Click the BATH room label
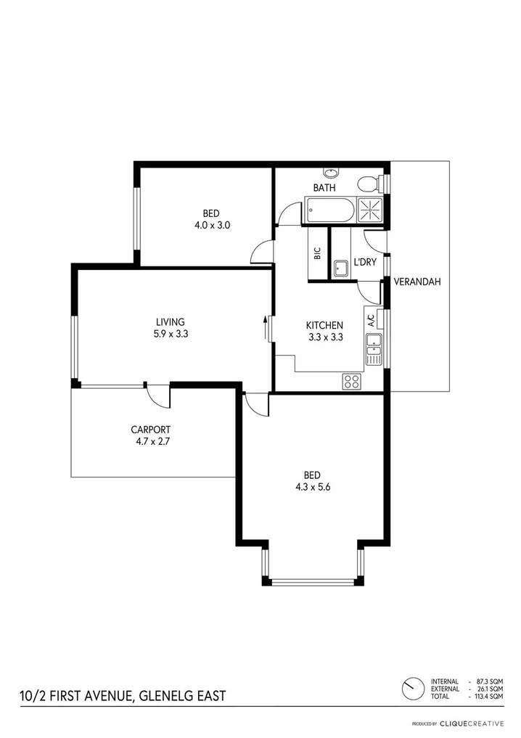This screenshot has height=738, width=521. pos(324,188)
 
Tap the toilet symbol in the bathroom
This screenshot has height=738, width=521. pos(369,182)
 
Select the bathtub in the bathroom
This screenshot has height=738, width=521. pos(331,212)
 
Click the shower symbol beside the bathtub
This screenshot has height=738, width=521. pos(371,211)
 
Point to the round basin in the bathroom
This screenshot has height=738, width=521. pos(331,173)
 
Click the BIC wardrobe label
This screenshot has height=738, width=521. pos(317,254)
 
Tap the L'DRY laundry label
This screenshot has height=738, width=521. pos(364,262)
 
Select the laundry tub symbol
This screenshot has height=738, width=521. pos(341,269)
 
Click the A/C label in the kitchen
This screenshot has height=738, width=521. pos(370,319)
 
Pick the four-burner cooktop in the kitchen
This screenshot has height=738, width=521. pos(352,380)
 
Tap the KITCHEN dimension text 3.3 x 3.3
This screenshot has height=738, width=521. pos(324,337)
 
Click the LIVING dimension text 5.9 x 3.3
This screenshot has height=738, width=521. pos(171,334)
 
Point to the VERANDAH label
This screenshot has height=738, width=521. pos(418,282)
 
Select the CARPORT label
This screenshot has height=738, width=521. pos(150,429)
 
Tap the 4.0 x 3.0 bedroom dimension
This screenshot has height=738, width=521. pos(211,225)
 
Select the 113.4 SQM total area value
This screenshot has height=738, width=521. pos(490,697)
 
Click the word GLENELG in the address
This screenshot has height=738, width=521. pos(159,697)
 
